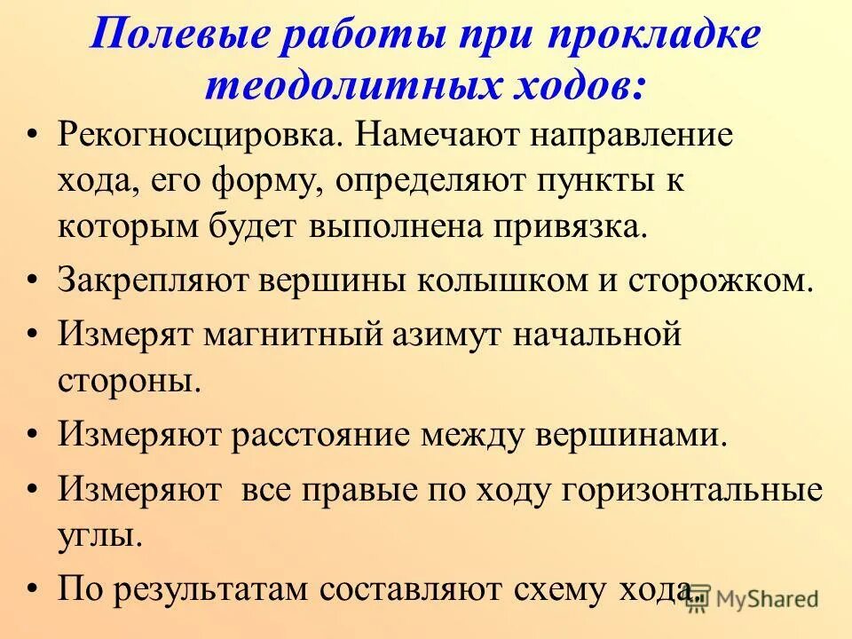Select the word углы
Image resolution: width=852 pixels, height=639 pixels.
[x=100, y=536]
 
